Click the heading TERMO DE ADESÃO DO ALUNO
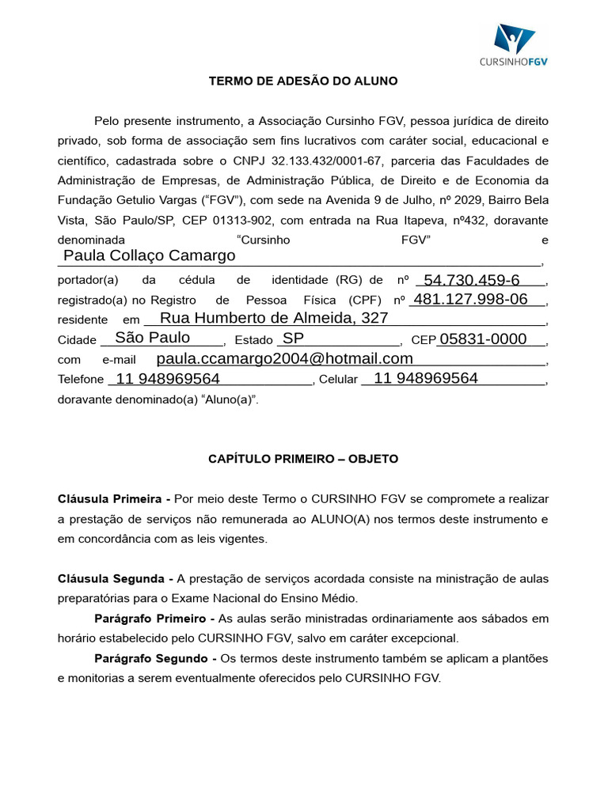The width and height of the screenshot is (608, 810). tap(303, 81)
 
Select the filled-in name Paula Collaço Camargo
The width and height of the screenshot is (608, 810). tap(150, 255)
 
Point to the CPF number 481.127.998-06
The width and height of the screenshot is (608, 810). tap(470, 299)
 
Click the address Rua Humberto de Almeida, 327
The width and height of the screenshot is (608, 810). tap(274, 318)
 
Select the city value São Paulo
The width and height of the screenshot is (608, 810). tap(152, 338)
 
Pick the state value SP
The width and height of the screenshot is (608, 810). tap(294, 338)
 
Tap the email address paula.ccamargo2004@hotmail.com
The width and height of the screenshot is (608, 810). tap(285, 358)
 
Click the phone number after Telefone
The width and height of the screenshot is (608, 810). tap(168, 379)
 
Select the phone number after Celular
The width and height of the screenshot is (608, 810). tap(426, 378)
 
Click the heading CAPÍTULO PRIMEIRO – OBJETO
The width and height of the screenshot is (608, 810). tap(303, 459)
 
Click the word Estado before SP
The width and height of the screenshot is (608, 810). tap(253, 339)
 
